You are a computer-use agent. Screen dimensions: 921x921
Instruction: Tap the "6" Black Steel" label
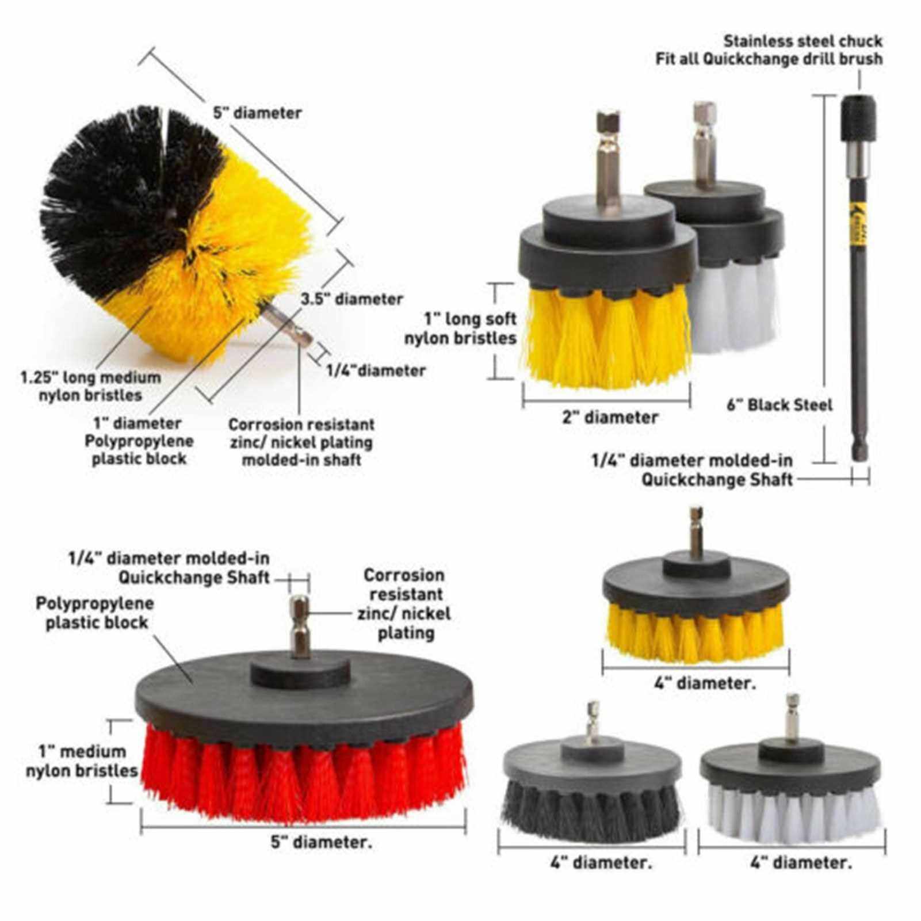pos(779,405)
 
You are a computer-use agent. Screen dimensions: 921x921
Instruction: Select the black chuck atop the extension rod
pos(859,119)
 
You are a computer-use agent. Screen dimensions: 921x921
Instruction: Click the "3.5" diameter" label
pos(352,299)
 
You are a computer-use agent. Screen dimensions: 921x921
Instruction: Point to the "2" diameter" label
pos(610,417)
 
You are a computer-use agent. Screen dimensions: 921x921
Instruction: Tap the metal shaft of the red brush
pos(300,626)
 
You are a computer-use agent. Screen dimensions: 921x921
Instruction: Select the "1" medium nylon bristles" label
pos(82,761)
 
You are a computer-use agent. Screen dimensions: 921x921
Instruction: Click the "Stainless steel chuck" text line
pos(803,41)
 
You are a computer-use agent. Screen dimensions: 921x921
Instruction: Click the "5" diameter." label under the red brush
pos(322,843)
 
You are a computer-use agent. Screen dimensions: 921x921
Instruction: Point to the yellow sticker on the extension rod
pos(855,228)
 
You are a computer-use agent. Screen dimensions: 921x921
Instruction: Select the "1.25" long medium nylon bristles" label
pos(91,387)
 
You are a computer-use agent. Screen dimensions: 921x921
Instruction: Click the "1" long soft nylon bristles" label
pos(460,328)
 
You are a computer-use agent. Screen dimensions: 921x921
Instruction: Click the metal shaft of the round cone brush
pos(286,325)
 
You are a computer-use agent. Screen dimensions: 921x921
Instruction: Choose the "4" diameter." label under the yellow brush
pos(705,683)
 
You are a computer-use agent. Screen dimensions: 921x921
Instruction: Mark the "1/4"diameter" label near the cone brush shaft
pos(376,370)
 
